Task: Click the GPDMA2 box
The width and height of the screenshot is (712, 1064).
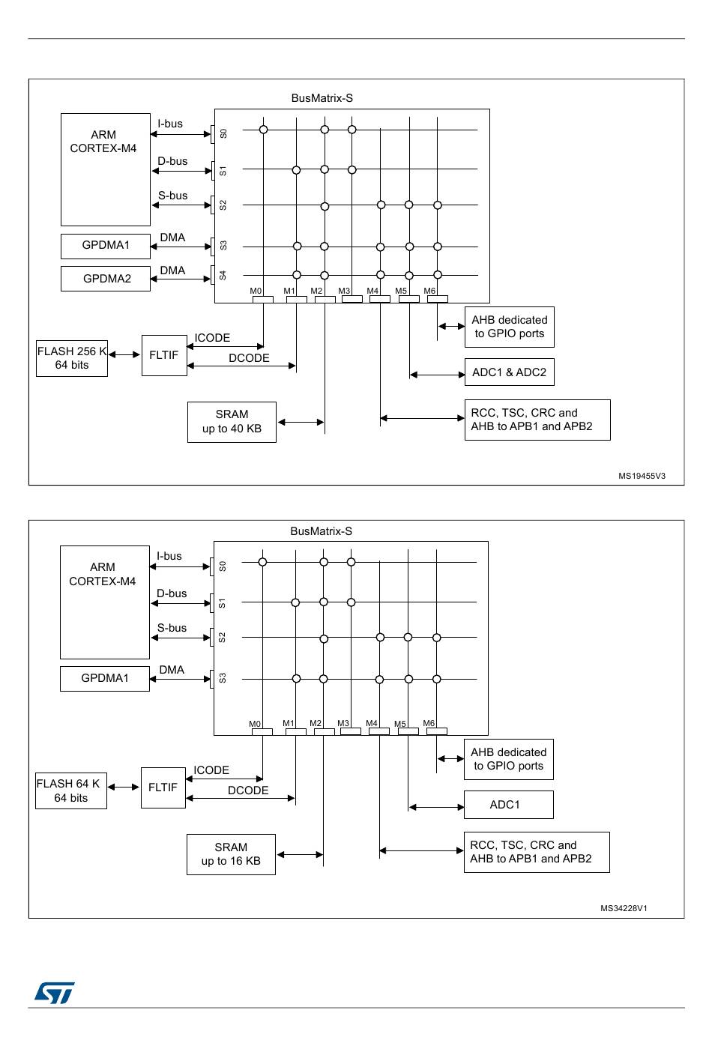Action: (106, 278)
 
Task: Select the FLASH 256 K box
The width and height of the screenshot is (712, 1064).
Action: (72, 358)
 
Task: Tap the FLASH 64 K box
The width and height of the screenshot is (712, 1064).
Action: (70, 791)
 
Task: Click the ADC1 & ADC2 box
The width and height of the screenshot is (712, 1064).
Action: (509, 372)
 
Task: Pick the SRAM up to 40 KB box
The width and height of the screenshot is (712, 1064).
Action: (232, 422)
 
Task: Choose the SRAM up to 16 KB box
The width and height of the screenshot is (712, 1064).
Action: (231, 854)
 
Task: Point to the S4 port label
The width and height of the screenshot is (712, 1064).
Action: (223, 275)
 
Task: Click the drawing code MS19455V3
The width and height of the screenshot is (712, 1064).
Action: (642, 476)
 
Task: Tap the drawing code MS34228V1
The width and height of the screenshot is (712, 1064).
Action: (624, 908)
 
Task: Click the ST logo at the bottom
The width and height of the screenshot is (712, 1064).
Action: (55, 993)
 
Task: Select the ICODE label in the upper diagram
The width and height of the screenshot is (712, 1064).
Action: (212, 338)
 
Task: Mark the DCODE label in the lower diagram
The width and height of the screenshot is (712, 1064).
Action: (248, 790)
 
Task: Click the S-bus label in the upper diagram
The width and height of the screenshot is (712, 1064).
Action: (173, 196)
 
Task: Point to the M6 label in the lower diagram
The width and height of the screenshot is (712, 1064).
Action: (429, 723)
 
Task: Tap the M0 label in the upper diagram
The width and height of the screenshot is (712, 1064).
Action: (256, 291)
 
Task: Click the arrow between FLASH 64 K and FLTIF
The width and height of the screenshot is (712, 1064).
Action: (124, 787)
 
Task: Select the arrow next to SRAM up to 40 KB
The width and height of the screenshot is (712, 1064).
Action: (301, 422)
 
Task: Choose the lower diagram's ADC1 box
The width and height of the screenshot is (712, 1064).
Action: (508, 804)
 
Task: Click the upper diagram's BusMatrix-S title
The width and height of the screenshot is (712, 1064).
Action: (322, 98)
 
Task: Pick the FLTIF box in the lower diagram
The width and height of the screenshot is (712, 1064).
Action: (163, 788)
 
